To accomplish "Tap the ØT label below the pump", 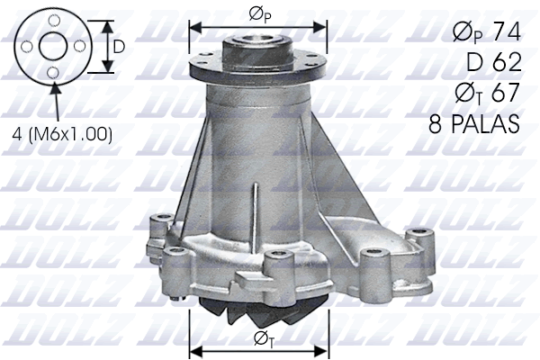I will point(261,339).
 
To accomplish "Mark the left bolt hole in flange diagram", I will point(28,45).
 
